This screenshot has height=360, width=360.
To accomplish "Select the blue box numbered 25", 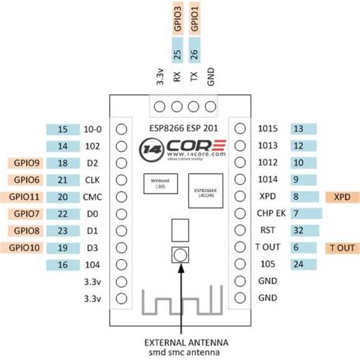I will coord(178,55).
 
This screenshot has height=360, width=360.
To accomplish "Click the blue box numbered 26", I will coord(196,55).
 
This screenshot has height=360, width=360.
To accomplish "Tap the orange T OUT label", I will coord(341,248).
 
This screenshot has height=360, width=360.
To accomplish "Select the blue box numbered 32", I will coord(298,231).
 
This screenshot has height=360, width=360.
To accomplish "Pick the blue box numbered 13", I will coord(298,128).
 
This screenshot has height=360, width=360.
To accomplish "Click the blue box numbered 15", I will coord(62,128).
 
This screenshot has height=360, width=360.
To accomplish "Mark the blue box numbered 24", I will coord(298,265).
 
